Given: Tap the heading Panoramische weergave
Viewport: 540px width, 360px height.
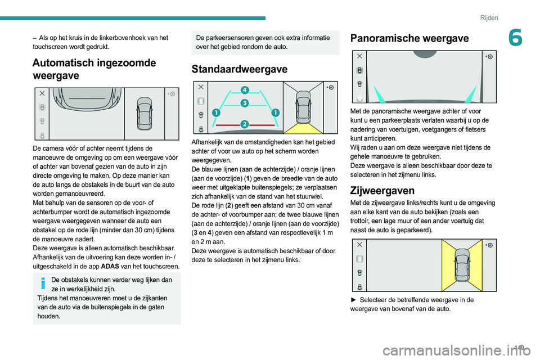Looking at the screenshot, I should click(x=409, y=38).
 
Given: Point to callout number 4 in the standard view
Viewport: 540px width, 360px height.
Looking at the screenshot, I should click(x=245, y=90).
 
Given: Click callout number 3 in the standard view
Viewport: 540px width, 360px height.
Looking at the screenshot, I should click(x=245, y=103).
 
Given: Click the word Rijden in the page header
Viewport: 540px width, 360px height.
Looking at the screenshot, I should click(x=489, y=17).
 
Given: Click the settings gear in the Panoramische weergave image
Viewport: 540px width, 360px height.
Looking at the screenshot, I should click(x=490, y=57).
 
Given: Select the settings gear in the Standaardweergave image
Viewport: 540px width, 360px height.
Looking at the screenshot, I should click(x=331, y=88).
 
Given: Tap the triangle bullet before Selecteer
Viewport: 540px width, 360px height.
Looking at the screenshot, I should click(x=353, y=300).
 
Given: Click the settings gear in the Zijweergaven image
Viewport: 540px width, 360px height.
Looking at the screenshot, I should click(x=490, y=245).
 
